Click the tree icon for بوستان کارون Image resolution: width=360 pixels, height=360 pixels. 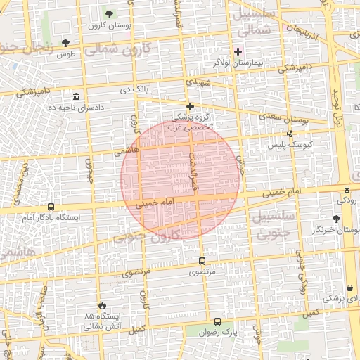coord(108,13)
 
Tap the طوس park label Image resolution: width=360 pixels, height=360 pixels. coord(65,54)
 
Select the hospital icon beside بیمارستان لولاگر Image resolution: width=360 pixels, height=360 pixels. coord(238,51)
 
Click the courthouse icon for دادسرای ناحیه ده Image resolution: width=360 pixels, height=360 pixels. coord(76,96)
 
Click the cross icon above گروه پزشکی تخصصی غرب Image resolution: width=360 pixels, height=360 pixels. coord(190,105)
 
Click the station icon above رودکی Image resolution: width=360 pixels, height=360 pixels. coord(347,188)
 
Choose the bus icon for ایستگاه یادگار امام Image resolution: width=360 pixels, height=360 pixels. coord(51,207)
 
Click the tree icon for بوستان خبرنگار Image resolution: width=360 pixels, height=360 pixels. coord(345,218)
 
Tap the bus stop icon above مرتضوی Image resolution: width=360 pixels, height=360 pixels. coord(202,260)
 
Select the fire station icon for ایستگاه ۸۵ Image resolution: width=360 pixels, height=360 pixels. coord(103,305)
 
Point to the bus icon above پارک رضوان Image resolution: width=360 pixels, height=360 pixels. coord(217,321)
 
